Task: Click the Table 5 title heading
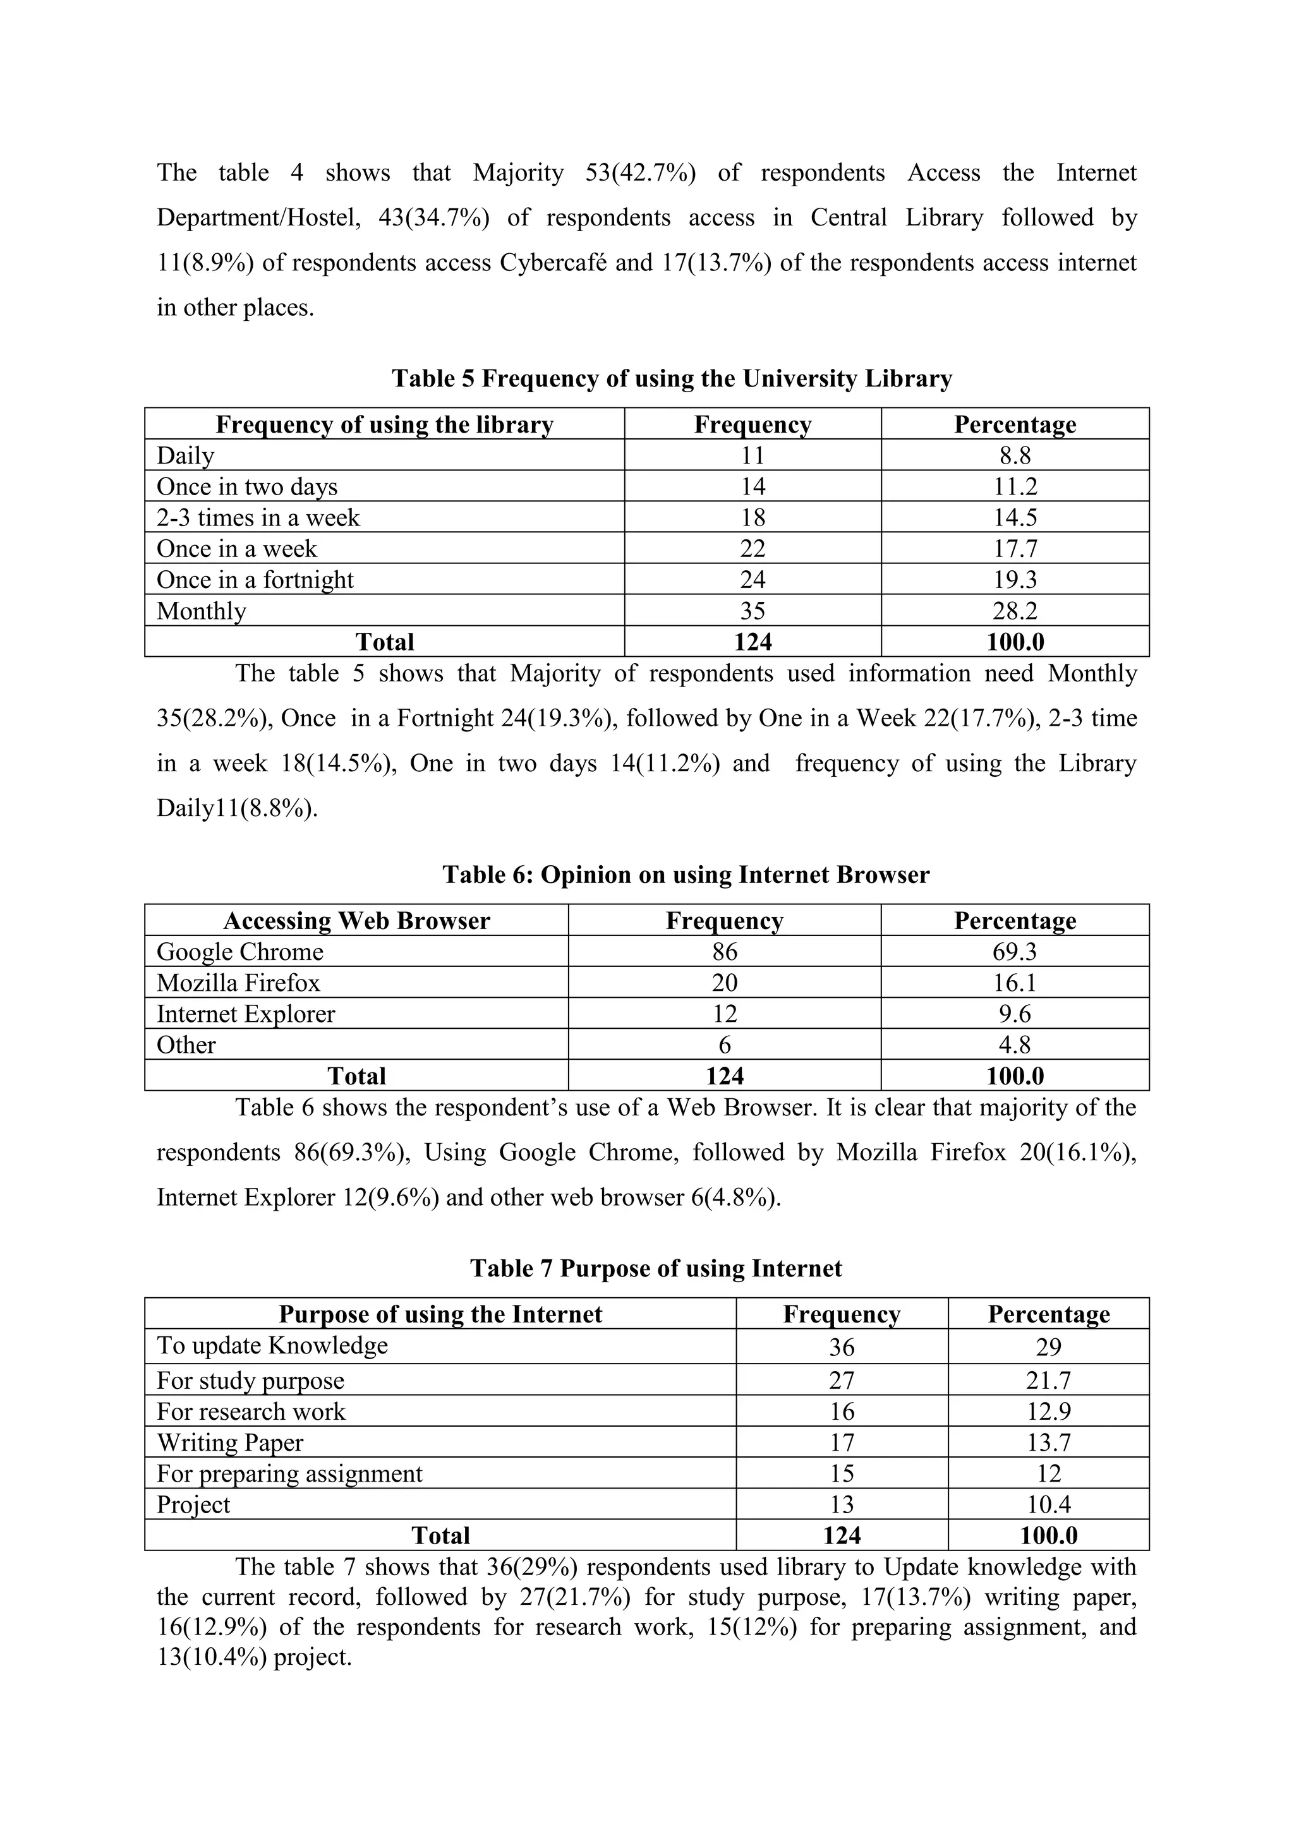[671, 378]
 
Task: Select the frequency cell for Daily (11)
[752, 455]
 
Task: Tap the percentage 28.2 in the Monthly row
[1014, 611]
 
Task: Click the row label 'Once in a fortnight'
[255, 580]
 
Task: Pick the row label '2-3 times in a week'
[258, 518]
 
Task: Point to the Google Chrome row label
[240, 952]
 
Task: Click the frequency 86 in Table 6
[724, 952]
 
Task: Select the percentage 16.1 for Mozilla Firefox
[1014, 983]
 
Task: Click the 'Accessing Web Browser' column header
[356, 921]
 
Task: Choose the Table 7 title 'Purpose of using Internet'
[655, 1268]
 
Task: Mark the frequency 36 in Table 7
[842, 1347]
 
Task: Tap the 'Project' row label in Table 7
[193, 1505]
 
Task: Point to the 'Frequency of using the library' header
[384, 424]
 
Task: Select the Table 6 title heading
[686, 875]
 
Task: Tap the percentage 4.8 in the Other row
[1014, 1045]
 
